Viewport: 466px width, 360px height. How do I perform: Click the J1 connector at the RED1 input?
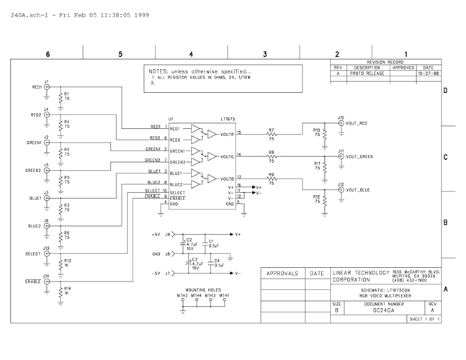(48, 86)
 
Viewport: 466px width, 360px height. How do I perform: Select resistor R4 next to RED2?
(61, 124)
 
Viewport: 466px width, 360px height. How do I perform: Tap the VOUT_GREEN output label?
(359, 156)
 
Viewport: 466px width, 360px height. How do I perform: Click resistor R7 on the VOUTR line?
(272, 134)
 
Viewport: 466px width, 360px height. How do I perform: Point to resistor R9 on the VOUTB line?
(272, 179)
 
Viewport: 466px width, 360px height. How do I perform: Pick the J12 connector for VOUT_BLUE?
(341, 190)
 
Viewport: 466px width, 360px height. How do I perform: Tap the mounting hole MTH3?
(210, 302)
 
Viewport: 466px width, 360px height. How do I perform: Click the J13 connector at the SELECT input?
(48, 254)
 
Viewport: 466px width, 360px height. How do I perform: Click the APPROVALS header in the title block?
(282, 274)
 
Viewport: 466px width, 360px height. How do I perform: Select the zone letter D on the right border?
(446, 91)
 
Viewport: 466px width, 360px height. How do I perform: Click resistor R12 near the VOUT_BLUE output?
(324, 201)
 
